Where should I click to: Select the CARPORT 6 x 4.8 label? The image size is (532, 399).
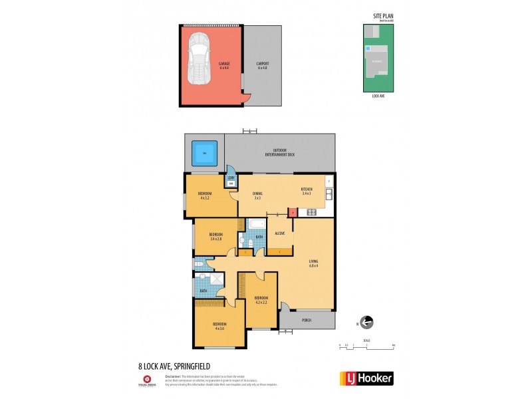(x=263, y=66)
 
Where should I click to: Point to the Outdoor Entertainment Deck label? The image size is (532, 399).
(x=283, y=153)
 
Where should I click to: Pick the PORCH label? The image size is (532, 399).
(x=306, y=320)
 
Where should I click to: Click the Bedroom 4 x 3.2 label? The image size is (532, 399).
(x=204, y=195)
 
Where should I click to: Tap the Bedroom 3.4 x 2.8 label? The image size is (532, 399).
(x=217, y=236)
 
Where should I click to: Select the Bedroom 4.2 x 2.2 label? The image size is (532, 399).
(x=261, y=300)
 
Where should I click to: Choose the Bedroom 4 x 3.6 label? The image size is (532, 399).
(x=220, y=326)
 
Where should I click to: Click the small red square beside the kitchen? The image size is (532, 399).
(x=292, y=212)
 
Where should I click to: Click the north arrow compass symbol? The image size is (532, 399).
(x=366, y=323)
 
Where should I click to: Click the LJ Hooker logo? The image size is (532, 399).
(x=366, y=378)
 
